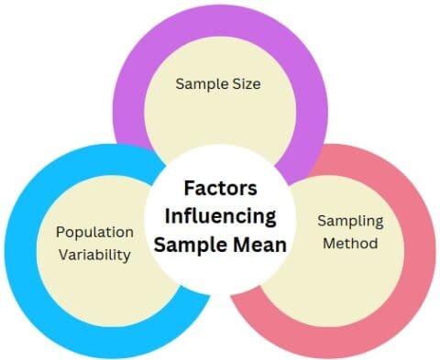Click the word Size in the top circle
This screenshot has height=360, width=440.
click(241, 84)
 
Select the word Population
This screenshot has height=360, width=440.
click(95, 233)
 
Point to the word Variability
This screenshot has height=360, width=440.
click(95, 256)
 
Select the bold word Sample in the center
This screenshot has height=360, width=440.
click(187, 245)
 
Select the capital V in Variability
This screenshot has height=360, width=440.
click(64, 256)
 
